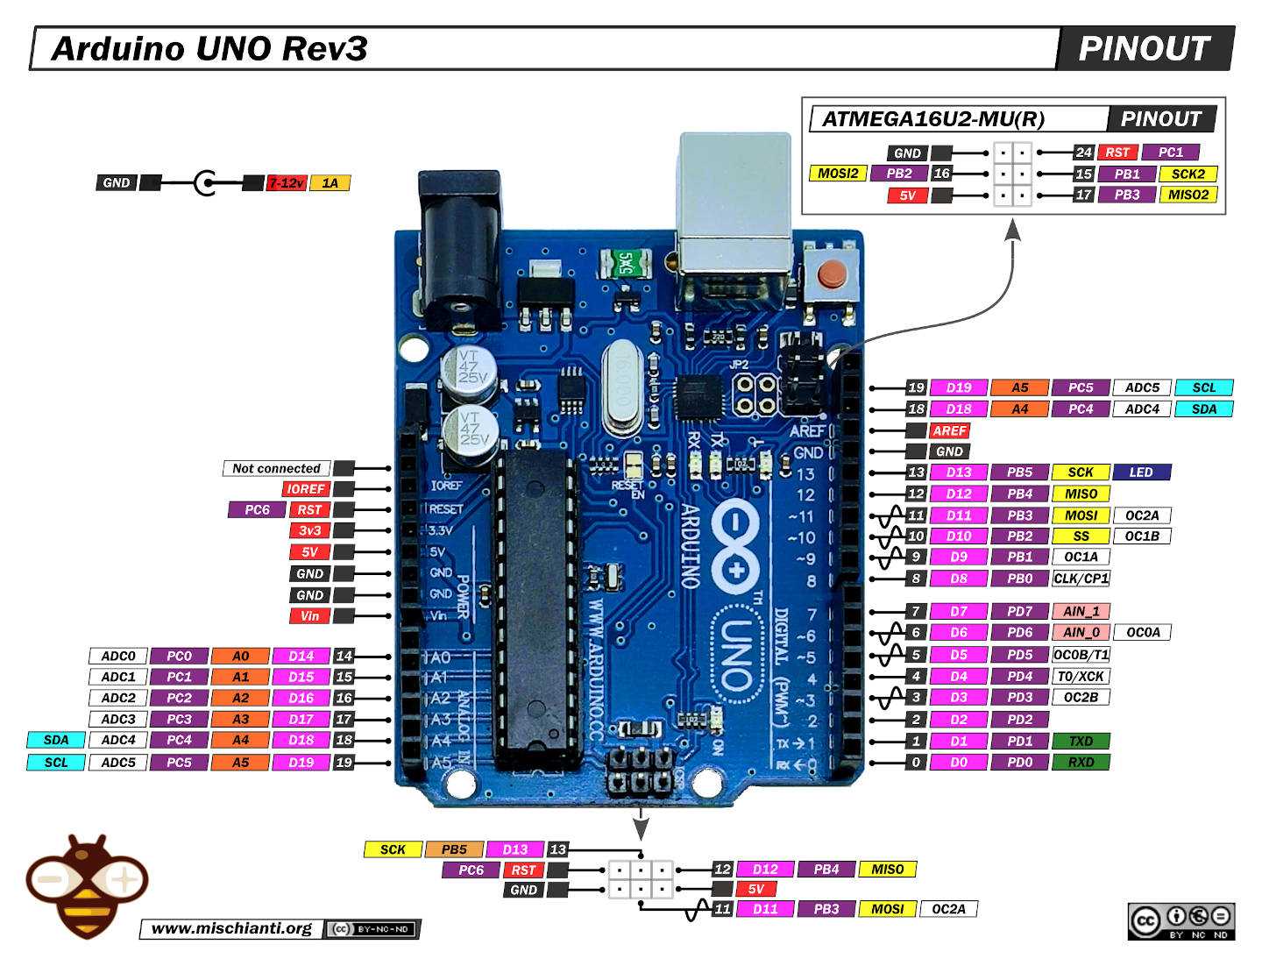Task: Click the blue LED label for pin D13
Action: (x=1141, y=472)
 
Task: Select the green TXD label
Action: (x=1081, y=741)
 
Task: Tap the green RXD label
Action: (x=1081, y=763)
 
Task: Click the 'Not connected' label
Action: (x=276, y=469)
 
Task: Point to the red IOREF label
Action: (x=306, y=489)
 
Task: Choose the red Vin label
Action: (x=309, y=616)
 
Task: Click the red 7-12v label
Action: (x=286, y=183)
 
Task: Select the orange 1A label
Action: (x=330, y=183)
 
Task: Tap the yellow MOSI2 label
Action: (x=837, y=174)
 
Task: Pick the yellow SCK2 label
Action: (x=1188, y=174)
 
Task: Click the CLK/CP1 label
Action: (x=1081, y=579)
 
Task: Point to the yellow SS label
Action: (x=1081, y=536)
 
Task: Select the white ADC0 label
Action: (x=118, y=657)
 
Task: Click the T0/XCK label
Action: (x=1081, y=677)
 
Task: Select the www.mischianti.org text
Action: (x=231, y=928)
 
